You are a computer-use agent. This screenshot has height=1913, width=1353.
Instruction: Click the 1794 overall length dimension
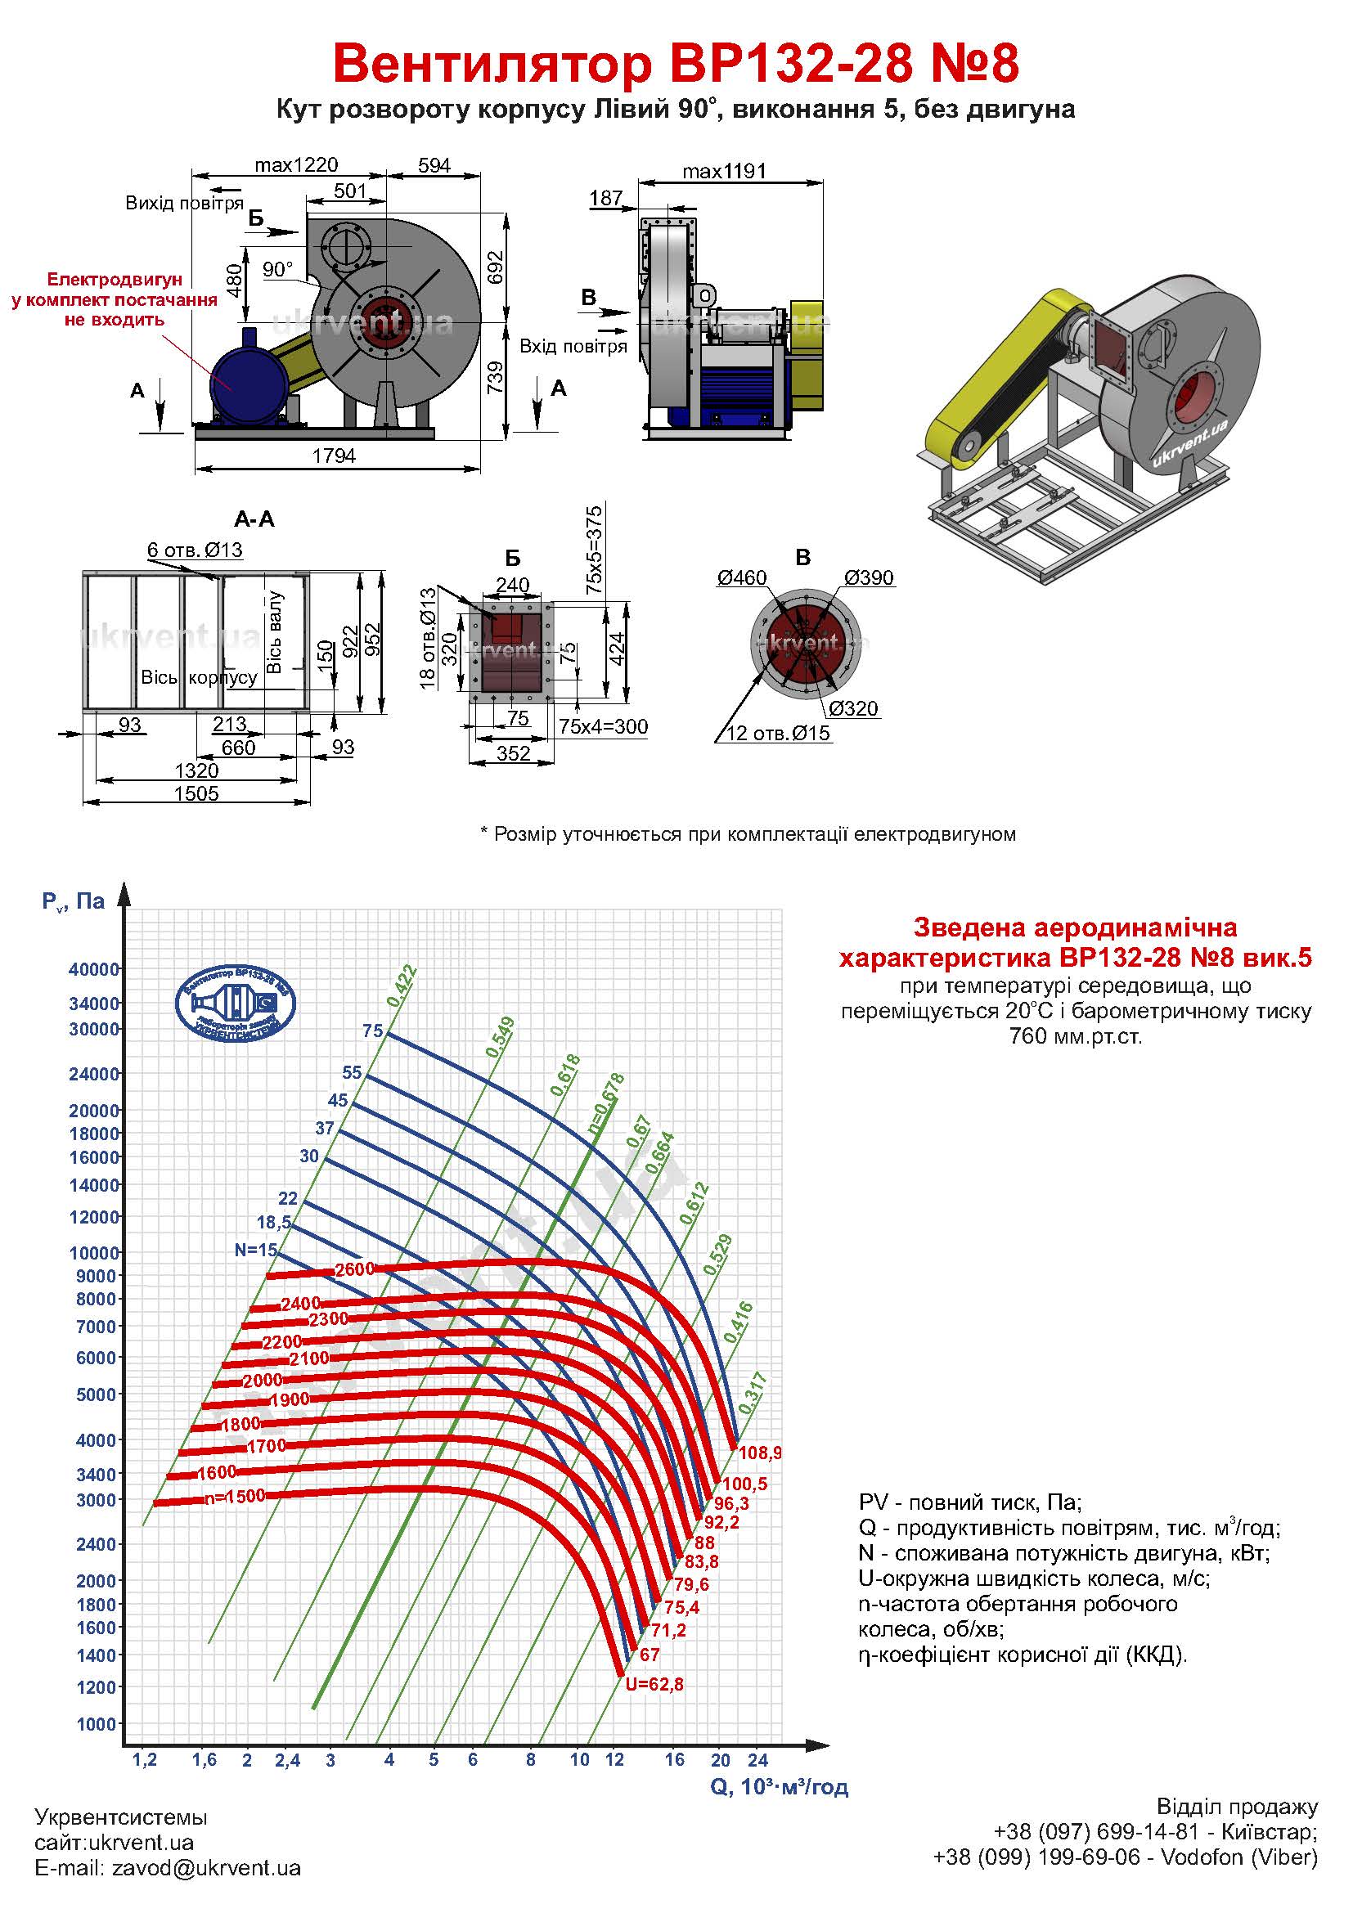[x=333, y=456]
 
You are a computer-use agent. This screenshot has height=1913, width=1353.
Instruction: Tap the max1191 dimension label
[x=723, y=172]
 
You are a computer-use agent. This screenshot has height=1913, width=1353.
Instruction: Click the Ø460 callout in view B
[x=741, y=578]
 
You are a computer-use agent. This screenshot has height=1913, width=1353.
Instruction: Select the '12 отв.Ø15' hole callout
[x=778, y=733]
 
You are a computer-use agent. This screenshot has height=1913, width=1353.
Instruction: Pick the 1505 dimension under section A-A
[x=196, y=793]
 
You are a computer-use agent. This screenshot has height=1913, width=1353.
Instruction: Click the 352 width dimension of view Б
[x=513, y=753]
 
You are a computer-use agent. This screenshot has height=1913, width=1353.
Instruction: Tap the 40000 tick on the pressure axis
[x=94, y=969]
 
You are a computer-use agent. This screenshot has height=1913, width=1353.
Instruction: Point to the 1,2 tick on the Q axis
[x=145, y=1760]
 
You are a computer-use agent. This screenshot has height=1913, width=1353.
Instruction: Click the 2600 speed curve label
[x=354, y=1270]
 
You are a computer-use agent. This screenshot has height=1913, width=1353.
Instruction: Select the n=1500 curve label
[x=234, y=1496]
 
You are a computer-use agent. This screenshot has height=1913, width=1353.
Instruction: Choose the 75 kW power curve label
[x=372, y=1031]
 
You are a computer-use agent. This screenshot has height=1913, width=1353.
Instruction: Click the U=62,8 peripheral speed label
[x=654, y=1684]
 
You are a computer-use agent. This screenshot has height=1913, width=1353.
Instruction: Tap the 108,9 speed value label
[x=760, y=1453]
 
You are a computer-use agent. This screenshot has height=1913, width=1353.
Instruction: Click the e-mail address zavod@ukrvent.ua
[x=206, y=1868]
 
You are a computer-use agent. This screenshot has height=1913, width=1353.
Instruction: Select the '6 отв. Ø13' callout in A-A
[x=195, y=550]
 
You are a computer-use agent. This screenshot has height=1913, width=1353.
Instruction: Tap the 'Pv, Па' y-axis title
[x=74, y=901]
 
